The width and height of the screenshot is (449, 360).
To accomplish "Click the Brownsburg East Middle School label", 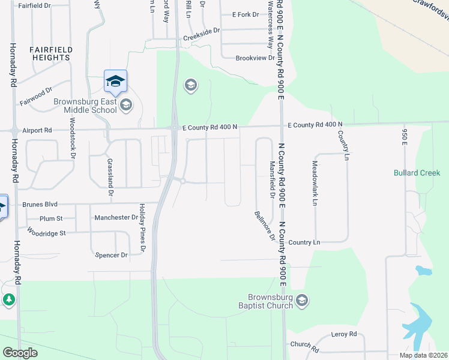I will (x=85, y=106).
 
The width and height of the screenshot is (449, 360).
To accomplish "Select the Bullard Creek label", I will (x=417, y=173).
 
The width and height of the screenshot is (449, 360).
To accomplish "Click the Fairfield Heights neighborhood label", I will (x=51, y=53).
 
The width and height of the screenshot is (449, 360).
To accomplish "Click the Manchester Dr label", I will (x=116, y=217).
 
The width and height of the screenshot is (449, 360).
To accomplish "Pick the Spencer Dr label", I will (x=112, y=255).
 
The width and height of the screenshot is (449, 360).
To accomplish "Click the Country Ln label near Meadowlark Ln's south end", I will (x=304, y=242).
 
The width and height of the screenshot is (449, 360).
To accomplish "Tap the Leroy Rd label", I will (x=344, y=334).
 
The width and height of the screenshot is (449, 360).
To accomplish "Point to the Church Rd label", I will (x=304, y=346).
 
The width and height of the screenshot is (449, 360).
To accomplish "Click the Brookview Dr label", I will (x=255, y=58).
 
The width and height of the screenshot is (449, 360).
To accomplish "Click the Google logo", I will (x=20, y=353).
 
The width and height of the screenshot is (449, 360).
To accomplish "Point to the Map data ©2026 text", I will (x=423, y=355).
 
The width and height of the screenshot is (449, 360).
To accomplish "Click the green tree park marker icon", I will (x=8, y=299).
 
